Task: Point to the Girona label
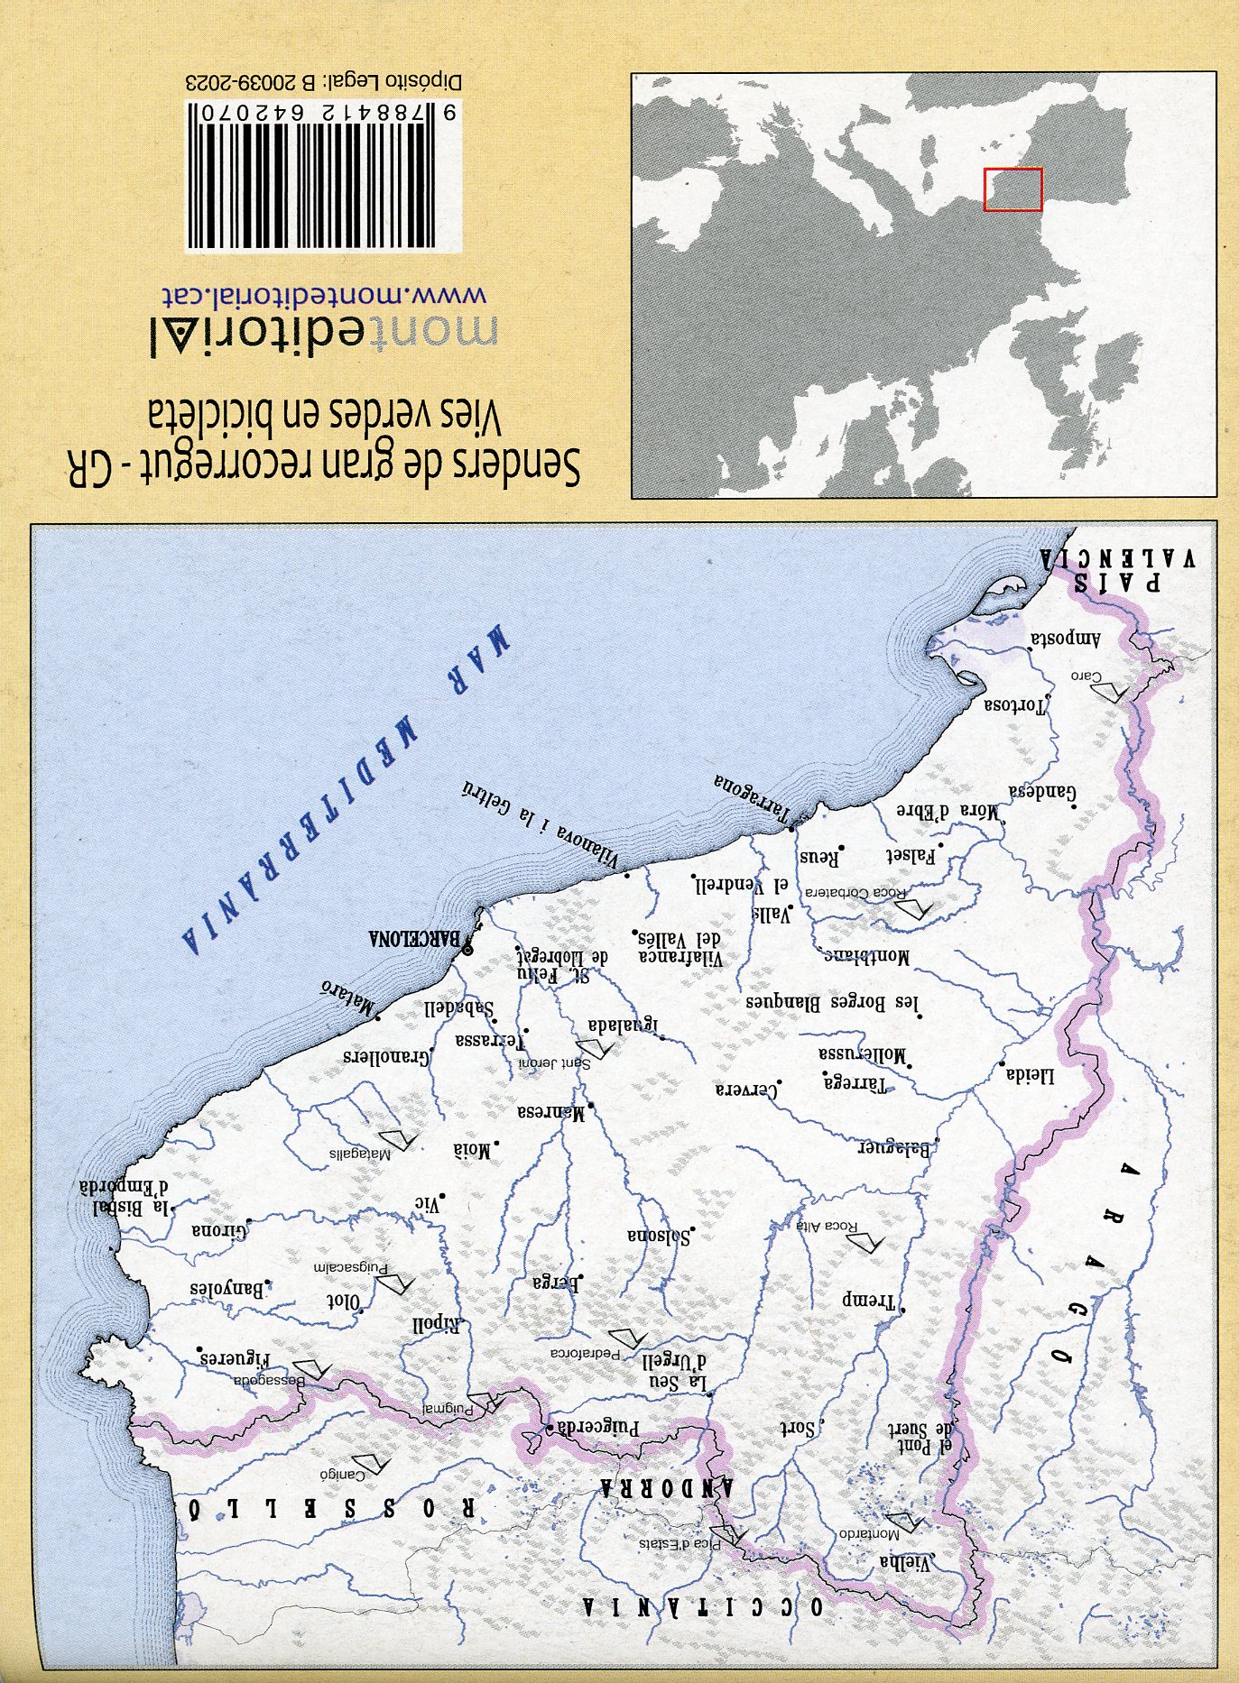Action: pos(219,1230)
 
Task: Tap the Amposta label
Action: pos(1065,639)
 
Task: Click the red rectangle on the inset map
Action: pos(1012,189)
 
